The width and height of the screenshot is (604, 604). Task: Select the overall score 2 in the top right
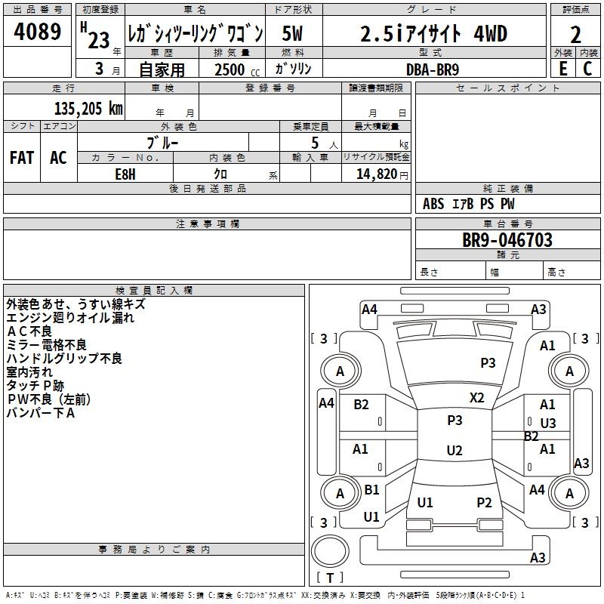[575, 35]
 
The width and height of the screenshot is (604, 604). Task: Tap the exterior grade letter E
[562, 67]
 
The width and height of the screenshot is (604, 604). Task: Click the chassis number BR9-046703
[507, 241]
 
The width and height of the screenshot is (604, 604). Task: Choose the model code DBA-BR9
[431, 68]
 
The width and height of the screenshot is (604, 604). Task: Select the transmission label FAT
[21, 158]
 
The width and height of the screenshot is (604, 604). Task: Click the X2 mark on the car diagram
[477, 398]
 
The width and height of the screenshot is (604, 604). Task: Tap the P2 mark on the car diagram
[484, 503]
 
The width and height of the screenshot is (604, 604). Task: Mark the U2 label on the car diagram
[454, 451]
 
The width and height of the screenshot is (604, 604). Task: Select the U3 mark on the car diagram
[547, 424]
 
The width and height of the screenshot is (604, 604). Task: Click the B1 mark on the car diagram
[371, 490]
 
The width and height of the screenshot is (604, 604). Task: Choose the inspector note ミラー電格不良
[46, 345]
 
